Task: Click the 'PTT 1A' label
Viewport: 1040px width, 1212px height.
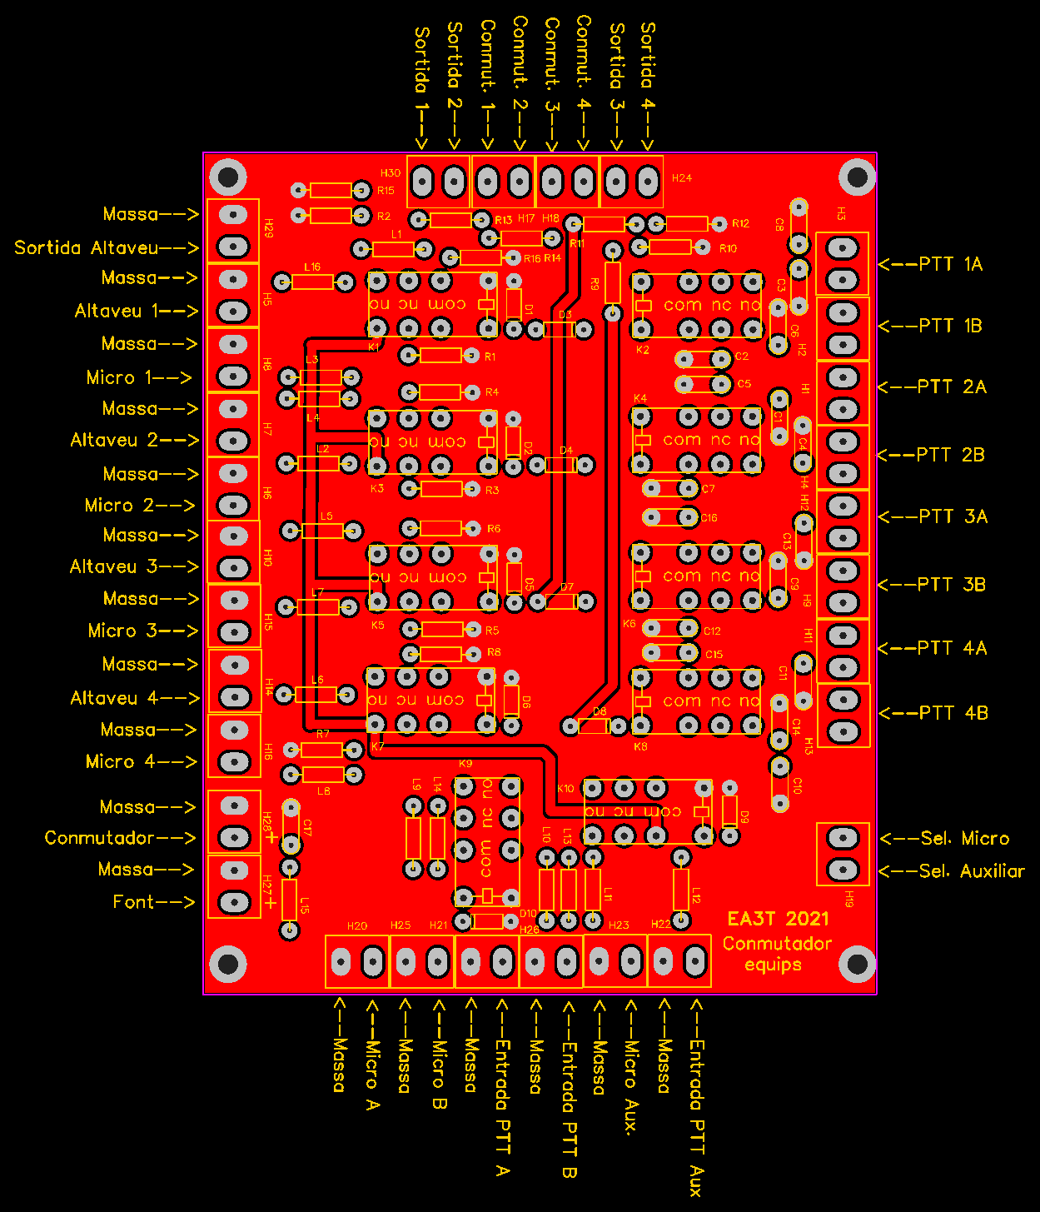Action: (x=950, y=264)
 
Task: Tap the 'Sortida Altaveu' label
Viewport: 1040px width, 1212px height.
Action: (x=87, y=247)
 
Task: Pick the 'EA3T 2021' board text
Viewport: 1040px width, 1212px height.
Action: (x=778, y=919)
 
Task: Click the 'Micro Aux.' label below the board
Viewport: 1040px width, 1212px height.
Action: (x=631, y=1087)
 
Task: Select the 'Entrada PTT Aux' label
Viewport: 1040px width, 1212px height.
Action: (x=696, y=1117)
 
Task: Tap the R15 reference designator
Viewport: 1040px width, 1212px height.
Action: (x=386, y=191)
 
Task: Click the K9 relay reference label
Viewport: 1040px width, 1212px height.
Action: (x=465, y=763)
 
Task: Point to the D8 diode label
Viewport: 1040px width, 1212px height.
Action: (x=600, y=712)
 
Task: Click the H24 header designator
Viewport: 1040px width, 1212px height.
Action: (x=681, y=178)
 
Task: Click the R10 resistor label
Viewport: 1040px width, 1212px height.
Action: (x=728, y=248)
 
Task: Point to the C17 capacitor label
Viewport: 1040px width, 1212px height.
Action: (x=307, y=827)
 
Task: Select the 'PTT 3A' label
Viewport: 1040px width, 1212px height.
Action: (x=953, y=516)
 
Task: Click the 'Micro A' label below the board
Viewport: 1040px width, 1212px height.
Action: (x=372, y=1075)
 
